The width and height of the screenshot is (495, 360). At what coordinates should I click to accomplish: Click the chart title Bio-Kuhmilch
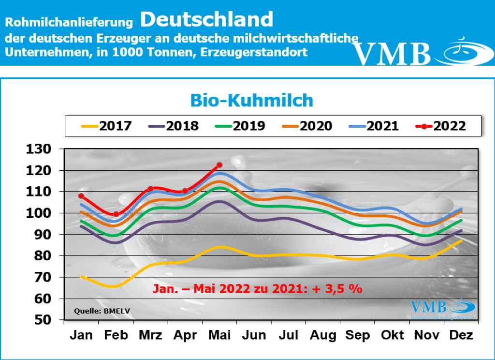[251, 100]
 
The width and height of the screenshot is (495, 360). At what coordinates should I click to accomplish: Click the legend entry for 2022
[440, 126]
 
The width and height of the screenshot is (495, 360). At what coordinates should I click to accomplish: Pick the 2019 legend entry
[240, 126]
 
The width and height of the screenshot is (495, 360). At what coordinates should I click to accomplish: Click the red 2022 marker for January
[81, 196]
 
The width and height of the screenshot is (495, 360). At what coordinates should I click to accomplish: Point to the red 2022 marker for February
[116, 214]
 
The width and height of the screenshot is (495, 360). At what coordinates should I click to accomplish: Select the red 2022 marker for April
[185, 191]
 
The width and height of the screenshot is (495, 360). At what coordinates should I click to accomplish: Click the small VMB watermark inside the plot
[443, 308]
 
